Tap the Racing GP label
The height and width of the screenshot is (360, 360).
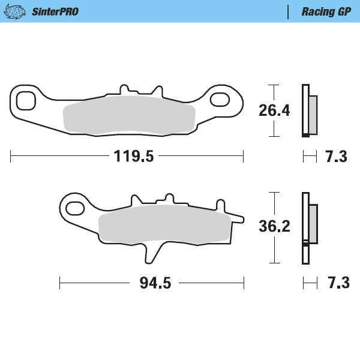326,11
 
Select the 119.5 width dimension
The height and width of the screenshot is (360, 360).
134,157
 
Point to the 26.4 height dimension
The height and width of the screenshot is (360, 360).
274,111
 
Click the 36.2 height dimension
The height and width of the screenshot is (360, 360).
274,227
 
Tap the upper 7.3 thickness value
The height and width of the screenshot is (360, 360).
336,157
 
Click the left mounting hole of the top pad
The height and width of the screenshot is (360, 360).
26,101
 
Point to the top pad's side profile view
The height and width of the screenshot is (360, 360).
310,111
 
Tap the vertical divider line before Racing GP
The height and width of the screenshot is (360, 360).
289,11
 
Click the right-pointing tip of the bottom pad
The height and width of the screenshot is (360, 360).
242,217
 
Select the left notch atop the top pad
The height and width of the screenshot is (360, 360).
124,89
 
